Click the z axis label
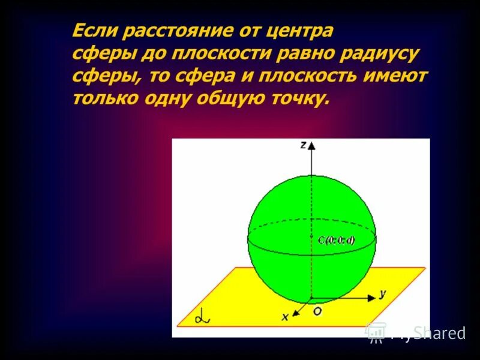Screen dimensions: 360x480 pos(304,145)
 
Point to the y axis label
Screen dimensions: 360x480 pos(382,293)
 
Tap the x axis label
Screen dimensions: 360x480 pos(286,316)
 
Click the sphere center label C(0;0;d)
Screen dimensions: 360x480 pos(336,241)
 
